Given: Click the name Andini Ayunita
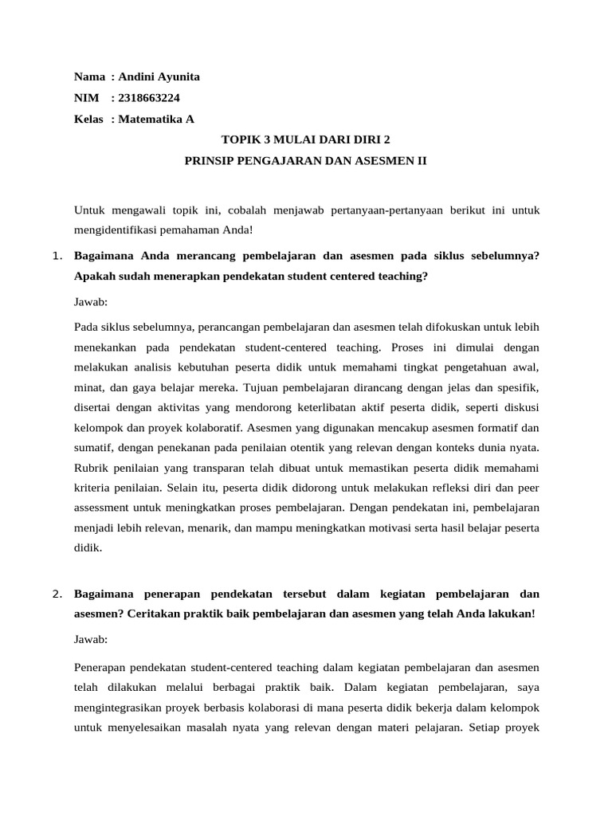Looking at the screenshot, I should (x=159, y=77).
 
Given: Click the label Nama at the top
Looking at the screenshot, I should (x=89, y=77).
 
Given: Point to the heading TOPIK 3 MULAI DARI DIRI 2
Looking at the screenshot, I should (x=306, y=139).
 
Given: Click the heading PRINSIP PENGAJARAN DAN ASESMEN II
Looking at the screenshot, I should (x=306, y=160).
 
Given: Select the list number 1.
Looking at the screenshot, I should (x=56, y=256).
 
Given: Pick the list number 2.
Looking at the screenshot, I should (x=56, y=594).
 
